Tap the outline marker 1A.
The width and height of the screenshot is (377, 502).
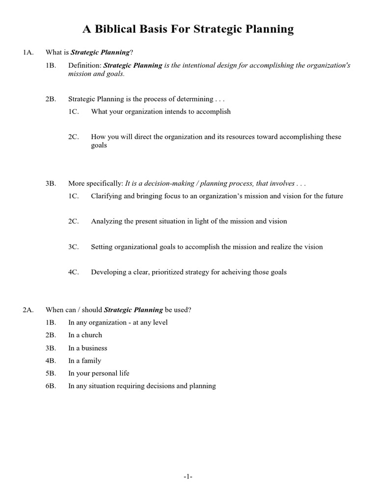[x=28, y=52]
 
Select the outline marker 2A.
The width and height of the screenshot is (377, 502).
[x=28, y=310]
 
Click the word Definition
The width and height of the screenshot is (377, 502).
[x=84, y=65]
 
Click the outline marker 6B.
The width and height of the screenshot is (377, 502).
[x=51, y=386]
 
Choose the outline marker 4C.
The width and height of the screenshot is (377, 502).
[x=74, y=272]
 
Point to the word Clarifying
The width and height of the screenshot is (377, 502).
[x=107, y=196]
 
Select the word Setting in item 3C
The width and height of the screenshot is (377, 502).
[x=102, y=247]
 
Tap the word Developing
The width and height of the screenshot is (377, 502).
[x=108, y=272]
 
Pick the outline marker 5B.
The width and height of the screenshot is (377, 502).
[x=51, y=374]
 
